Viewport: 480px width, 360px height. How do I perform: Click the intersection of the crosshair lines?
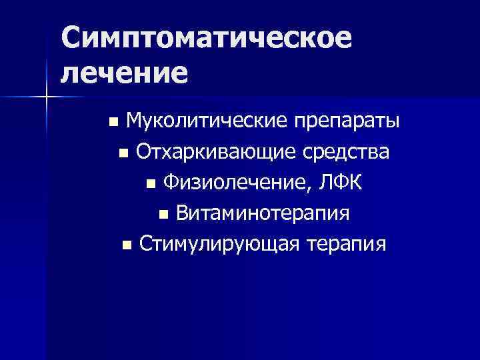point(47,97)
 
